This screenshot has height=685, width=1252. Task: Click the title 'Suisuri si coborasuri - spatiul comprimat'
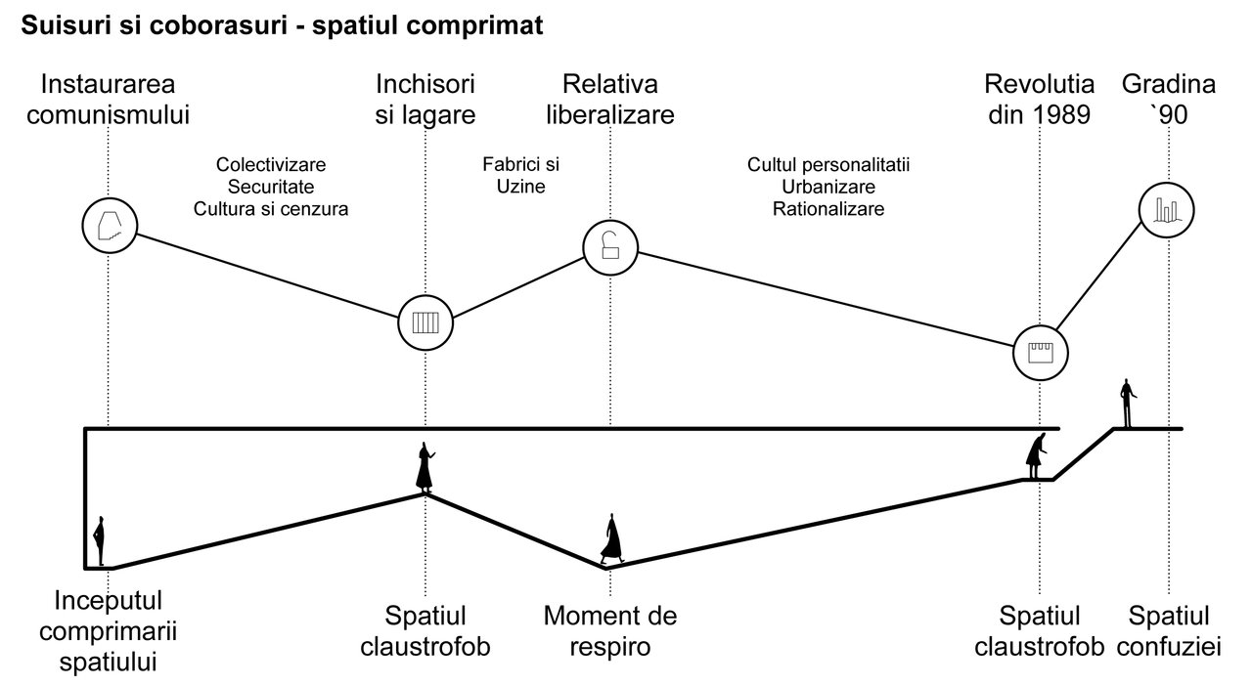[282, 26]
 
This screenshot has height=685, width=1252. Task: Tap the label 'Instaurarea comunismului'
[108, 99]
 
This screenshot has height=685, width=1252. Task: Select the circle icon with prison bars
[425, 321]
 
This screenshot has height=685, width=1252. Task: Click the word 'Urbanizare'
[828, 186]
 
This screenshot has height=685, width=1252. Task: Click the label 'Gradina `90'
[1169, 99]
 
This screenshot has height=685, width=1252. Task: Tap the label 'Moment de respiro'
[610, 631]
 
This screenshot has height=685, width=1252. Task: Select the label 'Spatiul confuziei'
[1169, 631]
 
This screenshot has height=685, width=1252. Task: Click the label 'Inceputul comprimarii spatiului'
[108, 630]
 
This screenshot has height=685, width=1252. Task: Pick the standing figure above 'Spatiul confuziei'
[1128, 404]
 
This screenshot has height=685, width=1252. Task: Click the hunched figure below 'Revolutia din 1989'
[1035, 456]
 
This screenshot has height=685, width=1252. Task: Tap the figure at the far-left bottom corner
[99, 541]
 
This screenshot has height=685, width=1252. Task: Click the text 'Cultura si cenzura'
[271, 208]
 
